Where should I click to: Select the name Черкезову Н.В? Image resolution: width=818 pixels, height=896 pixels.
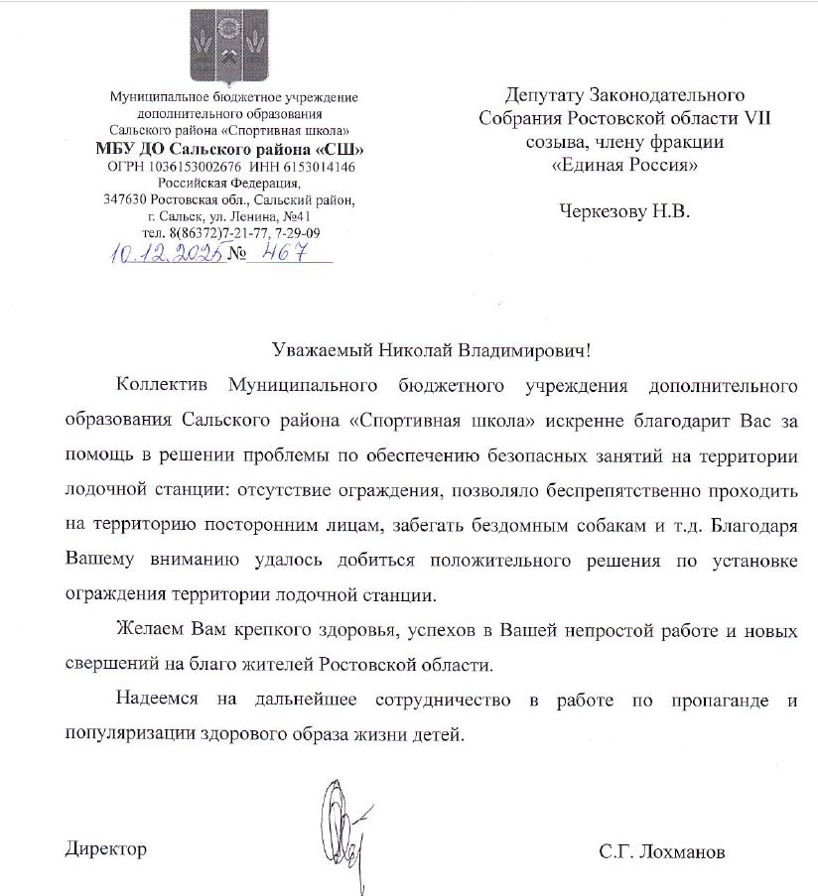click(x=622, y=210)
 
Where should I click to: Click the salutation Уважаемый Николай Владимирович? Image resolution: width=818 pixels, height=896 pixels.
click(x=436, y=349)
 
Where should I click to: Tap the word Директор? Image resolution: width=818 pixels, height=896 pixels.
click(x=106, y=850)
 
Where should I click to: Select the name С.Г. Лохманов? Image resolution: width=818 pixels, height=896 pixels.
click(x=662, y=851)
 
